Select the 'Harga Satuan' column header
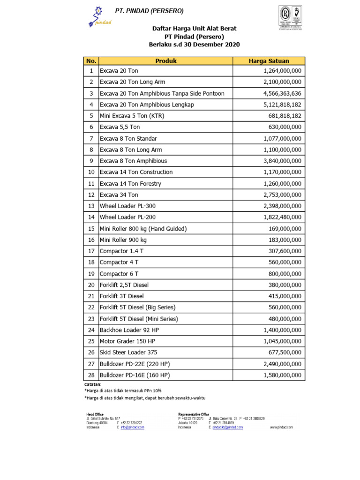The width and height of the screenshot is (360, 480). pyautogui.click(x=269, y=61)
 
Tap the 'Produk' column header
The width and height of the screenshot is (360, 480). pyautogui.click(x=166, y=61)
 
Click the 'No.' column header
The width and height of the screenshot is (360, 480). pyautogui.click(x=91, y=61)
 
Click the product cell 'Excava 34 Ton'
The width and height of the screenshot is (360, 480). pyautogui.click(x=119, y=195)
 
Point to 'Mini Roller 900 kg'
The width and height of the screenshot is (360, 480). pyautogui.click(x=123, y=240)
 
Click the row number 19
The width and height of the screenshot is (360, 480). pyautogui.click(x=91, y=274)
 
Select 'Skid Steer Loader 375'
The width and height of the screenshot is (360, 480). pyautogui.click(x=128, y=352)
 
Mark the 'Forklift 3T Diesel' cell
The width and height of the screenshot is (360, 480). pyautogui.click(x=122, y=296)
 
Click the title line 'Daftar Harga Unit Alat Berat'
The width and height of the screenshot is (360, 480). pyautogui.click(x=195, y=29)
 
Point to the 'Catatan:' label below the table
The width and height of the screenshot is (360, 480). pyautogui.click(x=93, y=384)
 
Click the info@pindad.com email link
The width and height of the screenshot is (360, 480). pyautogui.click(x=132, y=427)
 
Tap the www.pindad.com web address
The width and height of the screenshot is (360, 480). pyautogui.click(x=281, y=427)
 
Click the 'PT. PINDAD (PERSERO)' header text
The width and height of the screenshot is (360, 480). pyautogui.click(x=150, y=11)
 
